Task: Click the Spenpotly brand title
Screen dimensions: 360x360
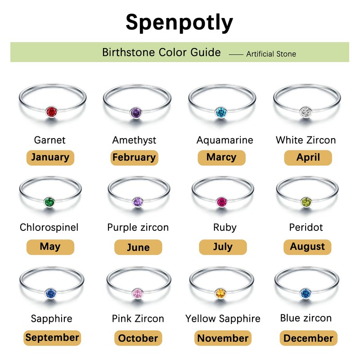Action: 180,22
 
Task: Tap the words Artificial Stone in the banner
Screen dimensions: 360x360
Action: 271,54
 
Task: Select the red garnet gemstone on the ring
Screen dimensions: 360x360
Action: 52,111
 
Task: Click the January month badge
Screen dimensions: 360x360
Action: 50,157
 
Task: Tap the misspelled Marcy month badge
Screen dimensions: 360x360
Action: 221,157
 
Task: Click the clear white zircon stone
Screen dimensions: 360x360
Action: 305,111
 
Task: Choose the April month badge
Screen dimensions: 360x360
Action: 308,157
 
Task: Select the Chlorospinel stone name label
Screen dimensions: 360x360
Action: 49,227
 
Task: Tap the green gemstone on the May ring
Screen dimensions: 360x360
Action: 49,201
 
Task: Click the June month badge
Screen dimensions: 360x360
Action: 138,247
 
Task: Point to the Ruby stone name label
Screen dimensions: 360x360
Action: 225,227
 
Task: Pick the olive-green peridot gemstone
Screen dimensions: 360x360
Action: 306,201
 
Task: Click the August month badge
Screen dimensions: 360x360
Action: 307,247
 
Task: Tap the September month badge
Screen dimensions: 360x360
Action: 52,337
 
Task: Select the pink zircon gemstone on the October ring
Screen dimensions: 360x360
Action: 137,293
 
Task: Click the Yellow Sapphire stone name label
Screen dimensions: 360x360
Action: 223,319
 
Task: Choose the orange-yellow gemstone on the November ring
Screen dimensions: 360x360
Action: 220,293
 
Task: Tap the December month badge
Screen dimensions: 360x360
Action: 308,338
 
